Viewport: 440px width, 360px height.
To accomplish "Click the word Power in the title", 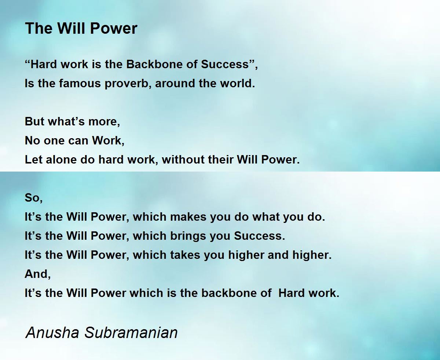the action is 114,28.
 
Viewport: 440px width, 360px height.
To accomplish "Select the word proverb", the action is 128,84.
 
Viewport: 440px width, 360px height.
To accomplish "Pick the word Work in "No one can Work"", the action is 108,140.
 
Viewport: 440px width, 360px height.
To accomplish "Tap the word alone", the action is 62,159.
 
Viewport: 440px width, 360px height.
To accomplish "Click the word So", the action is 34,198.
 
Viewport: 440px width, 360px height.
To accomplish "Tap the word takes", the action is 185,255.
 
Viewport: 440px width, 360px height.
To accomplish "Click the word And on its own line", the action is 37,274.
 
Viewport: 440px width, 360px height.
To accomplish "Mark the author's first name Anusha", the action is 52,333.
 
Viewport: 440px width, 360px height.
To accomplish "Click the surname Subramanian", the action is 131,333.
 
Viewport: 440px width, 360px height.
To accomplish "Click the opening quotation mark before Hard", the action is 27,61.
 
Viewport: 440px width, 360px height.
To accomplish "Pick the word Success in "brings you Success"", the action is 259,236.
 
